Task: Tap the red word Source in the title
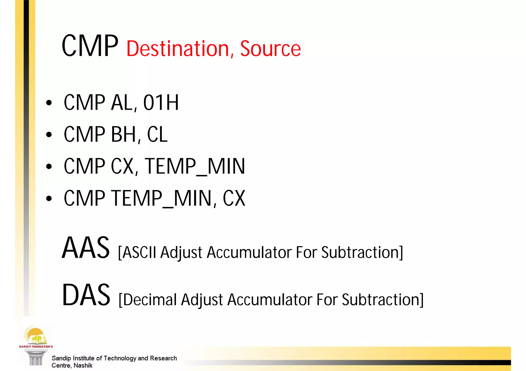270,48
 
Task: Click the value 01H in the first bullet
161,103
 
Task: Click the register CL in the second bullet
157,134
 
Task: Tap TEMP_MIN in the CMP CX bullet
195,166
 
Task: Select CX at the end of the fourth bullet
234,198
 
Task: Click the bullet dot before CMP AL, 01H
49,103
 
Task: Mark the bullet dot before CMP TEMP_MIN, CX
49,198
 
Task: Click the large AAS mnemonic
86,248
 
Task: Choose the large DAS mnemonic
86,295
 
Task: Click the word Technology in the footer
120,358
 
